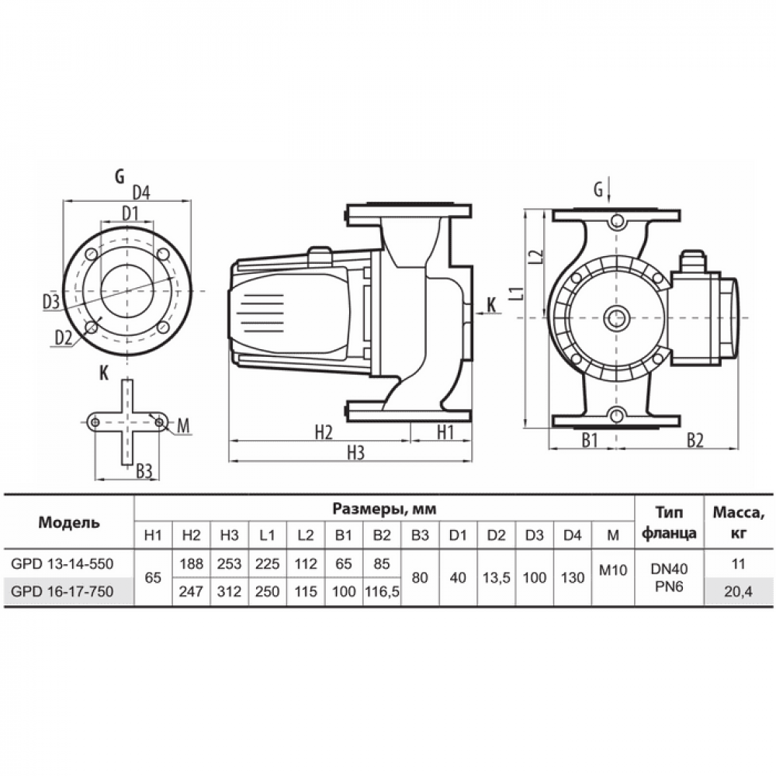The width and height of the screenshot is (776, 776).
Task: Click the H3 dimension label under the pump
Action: click(356, 453)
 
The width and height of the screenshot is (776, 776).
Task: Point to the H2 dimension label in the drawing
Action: click(324, 432)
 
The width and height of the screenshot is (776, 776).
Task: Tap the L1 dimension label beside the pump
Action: click(516, 293)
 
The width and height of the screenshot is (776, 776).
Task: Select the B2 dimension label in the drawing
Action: click(695, 440)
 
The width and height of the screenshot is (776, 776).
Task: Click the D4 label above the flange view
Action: click(141, 192)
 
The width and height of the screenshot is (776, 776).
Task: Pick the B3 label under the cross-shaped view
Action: click(144, 472)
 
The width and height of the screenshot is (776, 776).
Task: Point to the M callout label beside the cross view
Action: click(184, 426)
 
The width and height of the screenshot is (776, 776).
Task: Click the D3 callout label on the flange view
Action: click(51, 301)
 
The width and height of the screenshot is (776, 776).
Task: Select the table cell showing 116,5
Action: click(382, 591)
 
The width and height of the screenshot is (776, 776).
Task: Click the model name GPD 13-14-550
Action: click(62, 563)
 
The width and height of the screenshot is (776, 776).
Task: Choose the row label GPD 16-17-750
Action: click(62, 591)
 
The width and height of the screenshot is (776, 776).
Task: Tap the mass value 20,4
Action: click(739, 591)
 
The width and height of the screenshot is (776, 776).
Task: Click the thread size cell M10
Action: click(613, 570)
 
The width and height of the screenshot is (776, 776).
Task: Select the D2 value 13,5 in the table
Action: click(497, 577)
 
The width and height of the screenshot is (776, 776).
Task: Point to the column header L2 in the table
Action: click(306, 535)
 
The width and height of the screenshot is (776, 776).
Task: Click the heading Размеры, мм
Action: click(385, 509)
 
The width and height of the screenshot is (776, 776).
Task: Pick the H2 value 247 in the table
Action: click(192, 591)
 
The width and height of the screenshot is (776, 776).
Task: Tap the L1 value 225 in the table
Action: click(267, 563)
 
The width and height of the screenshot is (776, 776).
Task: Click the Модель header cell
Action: click(69, 522)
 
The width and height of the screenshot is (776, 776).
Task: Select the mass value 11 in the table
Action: click(739, 563)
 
